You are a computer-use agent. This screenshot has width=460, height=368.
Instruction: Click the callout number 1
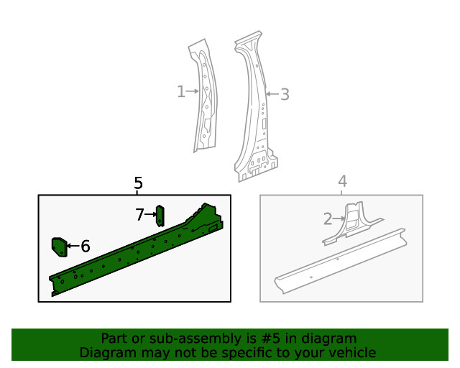[180, 91]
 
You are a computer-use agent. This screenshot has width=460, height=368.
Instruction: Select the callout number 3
[285, 94]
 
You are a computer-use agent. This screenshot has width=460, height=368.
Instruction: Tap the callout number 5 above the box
[139, 184]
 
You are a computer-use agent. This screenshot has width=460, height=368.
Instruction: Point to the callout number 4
[343, 181]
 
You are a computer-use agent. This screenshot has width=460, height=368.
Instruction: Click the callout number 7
[140, 214]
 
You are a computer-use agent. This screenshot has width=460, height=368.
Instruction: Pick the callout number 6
[86, 247]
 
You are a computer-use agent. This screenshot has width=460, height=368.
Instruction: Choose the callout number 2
[328, 218]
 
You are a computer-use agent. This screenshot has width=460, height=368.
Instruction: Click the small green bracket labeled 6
[58, 247]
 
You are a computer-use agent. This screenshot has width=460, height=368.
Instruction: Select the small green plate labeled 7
[160, 215]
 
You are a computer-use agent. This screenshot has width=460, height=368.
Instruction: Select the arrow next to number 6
[73, 247]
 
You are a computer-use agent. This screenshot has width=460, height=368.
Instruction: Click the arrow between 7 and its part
[151, 214]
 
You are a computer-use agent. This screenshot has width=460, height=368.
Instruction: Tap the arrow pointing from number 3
[272, 94]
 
